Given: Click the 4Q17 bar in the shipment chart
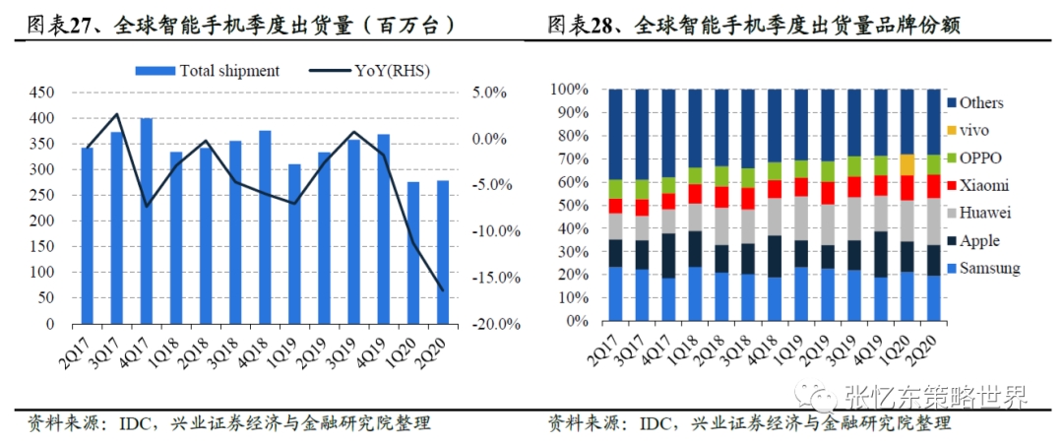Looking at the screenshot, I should (x=146, y=221).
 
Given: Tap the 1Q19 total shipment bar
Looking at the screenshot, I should (x=294, y=243).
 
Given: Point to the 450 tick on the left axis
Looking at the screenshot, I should (x=41, y=93).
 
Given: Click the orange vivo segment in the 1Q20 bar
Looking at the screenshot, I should (x=907, y=164).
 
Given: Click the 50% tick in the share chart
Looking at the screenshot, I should (x=572, y=206).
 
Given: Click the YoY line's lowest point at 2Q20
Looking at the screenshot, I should (x=443, y=290).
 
